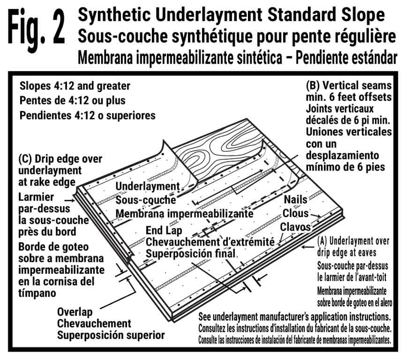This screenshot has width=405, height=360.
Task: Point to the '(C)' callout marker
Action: (25, 158)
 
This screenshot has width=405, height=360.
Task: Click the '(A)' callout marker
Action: (322, 240)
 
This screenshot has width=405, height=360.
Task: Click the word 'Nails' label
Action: (295, 199)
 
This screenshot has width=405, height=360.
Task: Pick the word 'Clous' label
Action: (295, 213)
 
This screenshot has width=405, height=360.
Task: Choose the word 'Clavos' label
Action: (296, 227)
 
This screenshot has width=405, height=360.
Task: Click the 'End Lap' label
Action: (164, 231)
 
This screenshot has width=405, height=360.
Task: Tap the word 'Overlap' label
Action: (75, 312)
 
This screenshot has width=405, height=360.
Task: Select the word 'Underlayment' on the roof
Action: (148, 187)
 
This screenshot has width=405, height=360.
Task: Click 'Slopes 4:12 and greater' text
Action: (75, 87)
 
